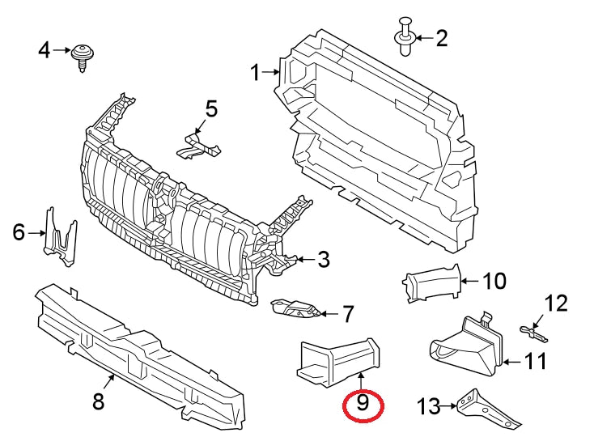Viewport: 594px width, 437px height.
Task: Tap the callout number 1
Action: coord(256,74)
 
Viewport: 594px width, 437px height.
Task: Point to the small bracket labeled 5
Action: coord(197,146)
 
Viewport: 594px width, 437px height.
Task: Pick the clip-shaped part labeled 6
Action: coord(62,235)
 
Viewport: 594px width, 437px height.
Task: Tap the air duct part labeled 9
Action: coord(336,358)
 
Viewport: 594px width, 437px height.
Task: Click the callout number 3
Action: coord(323,260)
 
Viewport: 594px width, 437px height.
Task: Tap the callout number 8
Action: coord(99,401)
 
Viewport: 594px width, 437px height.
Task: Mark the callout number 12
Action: coord(557,304)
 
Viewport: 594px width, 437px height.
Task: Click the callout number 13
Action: coord(427,405)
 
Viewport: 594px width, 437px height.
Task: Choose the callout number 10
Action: coord(494,281)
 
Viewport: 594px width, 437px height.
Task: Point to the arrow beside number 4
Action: coord(62,51)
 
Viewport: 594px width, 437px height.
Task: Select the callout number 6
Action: coord(19,233)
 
